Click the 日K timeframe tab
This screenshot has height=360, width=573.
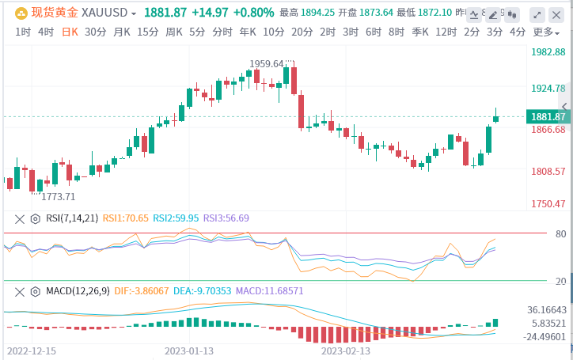[x=70, y=32]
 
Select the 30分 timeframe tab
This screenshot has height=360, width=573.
[x=95, y=32]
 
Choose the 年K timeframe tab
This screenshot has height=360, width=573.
[x=248, y=32]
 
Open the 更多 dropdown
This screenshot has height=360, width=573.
[x=545, y=32]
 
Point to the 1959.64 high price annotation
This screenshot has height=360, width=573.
[x=267, y=64]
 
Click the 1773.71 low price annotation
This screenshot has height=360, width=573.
[x=59, y=197]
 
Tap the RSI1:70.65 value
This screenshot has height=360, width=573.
[x=124, y=218]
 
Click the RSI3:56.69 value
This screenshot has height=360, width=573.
[x=226, y=218]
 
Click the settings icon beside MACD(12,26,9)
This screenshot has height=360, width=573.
[x=36, y=291]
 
